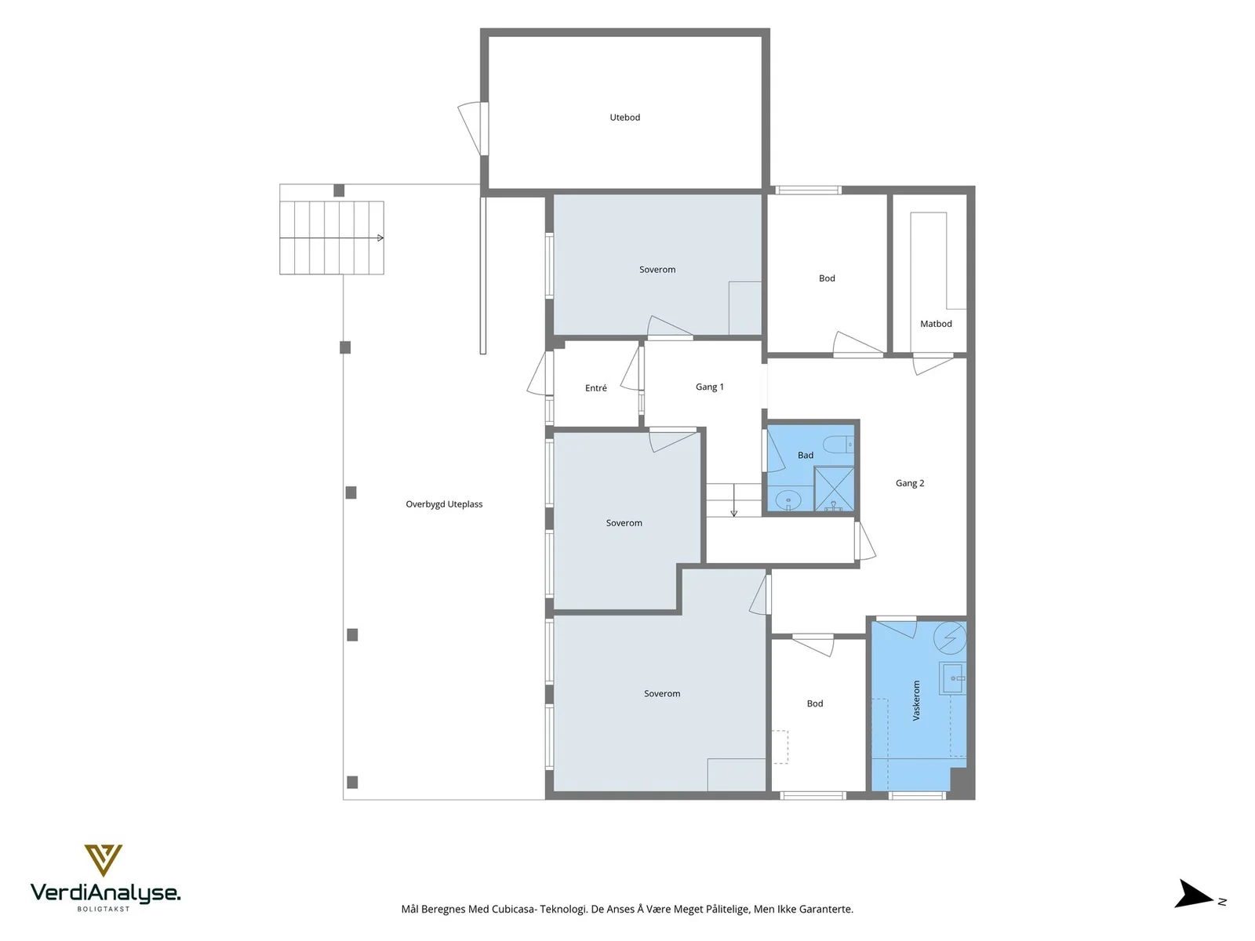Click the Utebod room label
624,118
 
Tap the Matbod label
936,324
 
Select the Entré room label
596,388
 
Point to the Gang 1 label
710,387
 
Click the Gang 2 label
909,483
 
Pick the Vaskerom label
916,700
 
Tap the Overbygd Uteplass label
444,504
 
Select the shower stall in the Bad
834,489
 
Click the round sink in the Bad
788,501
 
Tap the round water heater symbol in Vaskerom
950,637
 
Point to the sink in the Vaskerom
952,678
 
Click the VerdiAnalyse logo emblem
103,860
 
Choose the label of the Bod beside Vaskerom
814,704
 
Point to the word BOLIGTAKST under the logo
104,909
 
